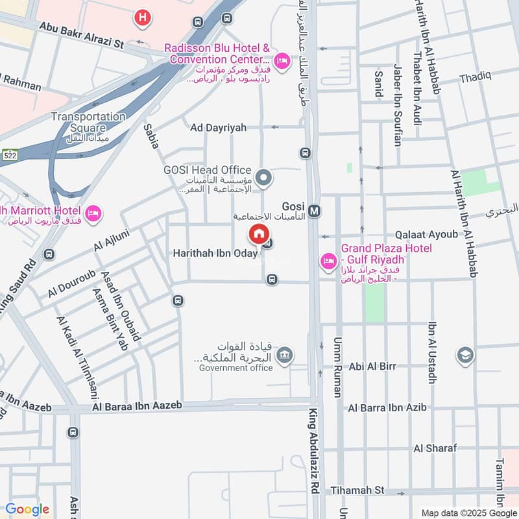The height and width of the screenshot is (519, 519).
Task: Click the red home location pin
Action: coord(258,234)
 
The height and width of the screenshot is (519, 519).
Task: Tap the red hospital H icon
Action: coord(142,18)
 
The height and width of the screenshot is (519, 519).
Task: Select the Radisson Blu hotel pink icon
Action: coord(282,62)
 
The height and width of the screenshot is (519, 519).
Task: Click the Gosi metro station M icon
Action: coord(315,211)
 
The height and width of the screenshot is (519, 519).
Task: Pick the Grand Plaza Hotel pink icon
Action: coord(328,261)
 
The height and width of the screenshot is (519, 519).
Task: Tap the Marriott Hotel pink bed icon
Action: coord(93,213)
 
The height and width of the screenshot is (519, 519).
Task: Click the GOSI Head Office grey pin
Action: coord(263,176)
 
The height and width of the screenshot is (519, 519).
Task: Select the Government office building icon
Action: coord(284,355)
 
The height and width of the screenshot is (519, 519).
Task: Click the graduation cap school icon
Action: coord(465,355)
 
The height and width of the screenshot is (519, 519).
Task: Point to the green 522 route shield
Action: coord(9,156)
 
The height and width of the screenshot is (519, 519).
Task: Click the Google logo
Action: coord(27,510)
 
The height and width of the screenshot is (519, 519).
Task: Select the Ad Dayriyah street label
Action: coord(218,127)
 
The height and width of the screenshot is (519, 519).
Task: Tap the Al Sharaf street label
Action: coord(435,448)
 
